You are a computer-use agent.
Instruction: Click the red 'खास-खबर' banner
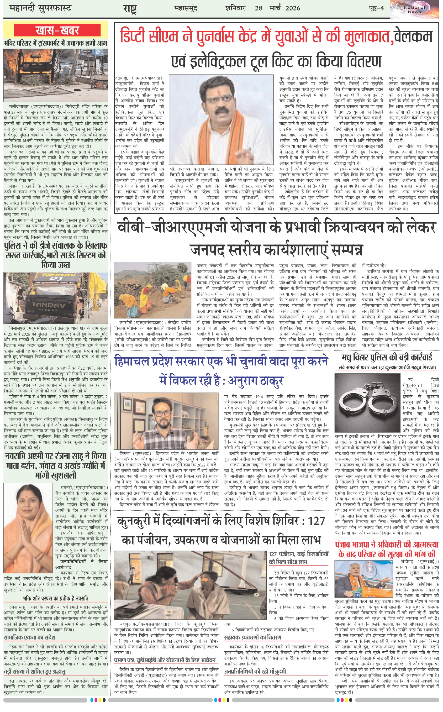pyautogui.click(x=57, y=30)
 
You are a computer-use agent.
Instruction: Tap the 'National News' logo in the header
pyautogui.click(x=414, y=10)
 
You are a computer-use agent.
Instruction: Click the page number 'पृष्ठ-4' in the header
pyautogui.click(x=376, y=8)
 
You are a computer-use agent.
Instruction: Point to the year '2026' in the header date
pyautogui.click(x=293, y=8)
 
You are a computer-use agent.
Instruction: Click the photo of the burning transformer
pyautogui.click(x=56, y=75)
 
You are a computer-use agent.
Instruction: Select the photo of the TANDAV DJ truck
pyautogui.click(x=56, y=298)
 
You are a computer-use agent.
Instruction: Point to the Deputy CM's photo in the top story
pyautogui.click(x=221, y=119)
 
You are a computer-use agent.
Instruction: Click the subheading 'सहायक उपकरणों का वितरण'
pyautogui.click(x=252, y=638)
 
